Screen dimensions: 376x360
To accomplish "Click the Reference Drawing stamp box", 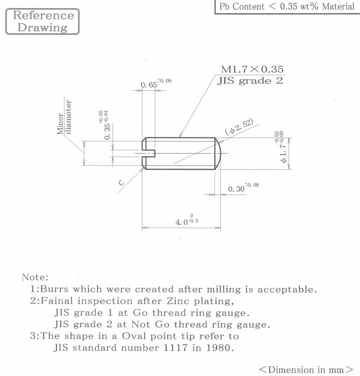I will (x=42, y=21).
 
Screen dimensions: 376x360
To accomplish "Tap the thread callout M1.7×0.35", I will (x=252, y=69).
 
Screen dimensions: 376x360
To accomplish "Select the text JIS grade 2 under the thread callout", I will (x=249, y=81).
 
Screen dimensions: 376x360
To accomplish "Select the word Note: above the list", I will (x=35, y=277).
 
